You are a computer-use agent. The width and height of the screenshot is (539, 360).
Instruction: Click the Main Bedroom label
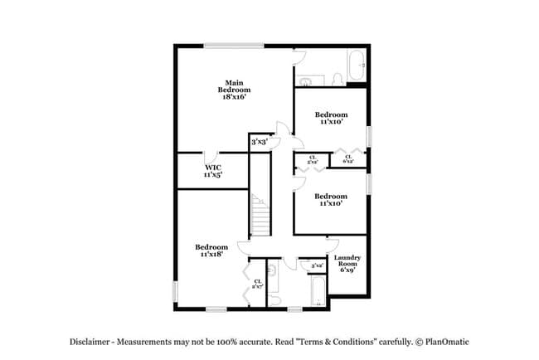coord(234,90)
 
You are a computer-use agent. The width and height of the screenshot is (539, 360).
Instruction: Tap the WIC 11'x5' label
coord(212,171)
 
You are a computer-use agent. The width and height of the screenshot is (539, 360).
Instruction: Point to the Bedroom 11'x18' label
coord(211,251)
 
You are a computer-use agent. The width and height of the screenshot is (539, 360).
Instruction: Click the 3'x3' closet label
coord(259,142)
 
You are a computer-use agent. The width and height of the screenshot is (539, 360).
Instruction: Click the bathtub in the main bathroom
coord(356,62)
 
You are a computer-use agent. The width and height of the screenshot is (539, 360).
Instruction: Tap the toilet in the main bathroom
coord(337,80)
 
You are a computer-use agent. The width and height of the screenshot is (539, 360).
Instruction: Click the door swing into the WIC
coord(214,156)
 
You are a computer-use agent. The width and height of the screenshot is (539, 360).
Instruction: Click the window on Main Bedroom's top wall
coord(230,46)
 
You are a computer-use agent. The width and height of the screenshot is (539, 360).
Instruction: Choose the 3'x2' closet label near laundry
coord(316,265)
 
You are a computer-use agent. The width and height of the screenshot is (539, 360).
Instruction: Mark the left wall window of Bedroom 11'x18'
coord(175,291)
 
